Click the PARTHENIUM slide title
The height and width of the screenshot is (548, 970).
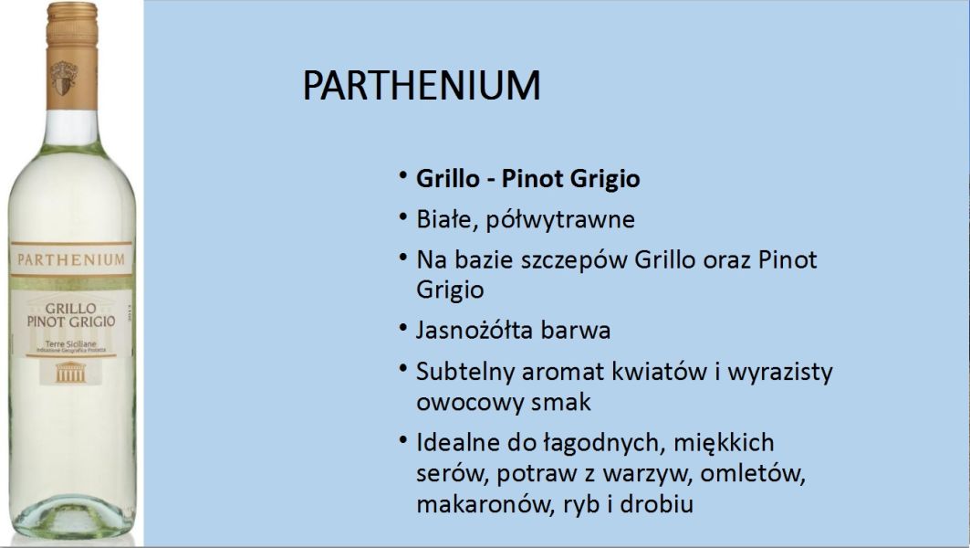[x=422, y=85]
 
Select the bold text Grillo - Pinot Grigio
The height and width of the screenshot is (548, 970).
[x=527, y=179]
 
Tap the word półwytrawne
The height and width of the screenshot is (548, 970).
[x=560, y=220]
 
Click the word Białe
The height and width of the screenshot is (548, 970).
[x=447, y=220]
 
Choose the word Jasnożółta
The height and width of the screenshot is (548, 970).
[x=475, y=330]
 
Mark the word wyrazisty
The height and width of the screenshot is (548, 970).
[x=780, y=372]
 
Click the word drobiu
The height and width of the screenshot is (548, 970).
[x=656, y=503]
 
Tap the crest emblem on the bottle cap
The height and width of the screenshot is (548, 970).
[x=64, y=78]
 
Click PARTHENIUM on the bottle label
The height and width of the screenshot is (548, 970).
[x=71, y=259]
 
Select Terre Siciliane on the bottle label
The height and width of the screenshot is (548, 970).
[x=71, y=343]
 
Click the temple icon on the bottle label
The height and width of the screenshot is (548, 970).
[x=70, y=372]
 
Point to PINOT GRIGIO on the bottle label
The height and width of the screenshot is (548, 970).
[x=71, y=322]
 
